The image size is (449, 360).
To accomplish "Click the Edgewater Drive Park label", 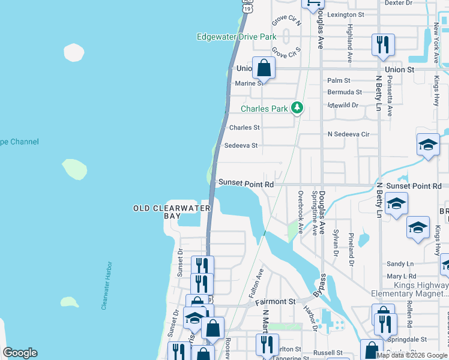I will (237, 37).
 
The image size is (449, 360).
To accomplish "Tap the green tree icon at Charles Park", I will (297, 108).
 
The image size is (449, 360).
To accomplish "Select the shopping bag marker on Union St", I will (264, 68).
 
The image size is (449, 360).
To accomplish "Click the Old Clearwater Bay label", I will (172, 212).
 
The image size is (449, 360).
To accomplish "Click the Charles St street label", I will (244, 127).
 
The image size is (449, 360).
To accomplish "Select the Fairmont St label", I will (276, 302).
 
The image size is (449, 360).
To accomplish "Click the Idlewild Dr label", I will (342, 105).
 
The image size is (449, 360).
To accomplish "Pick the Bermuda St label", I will (344, 92).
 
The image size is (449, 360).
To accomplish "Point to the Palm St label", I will (339, 80).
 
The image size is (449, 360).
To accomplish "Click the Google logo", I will (20, 353).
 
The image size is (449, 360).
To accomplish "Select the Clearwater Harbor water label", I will (107, 285).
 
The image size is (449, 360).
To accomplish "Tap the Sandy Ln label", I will (400, 263).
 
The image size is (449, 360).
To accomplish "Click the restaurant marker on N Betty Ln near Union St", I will (382, 46).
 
